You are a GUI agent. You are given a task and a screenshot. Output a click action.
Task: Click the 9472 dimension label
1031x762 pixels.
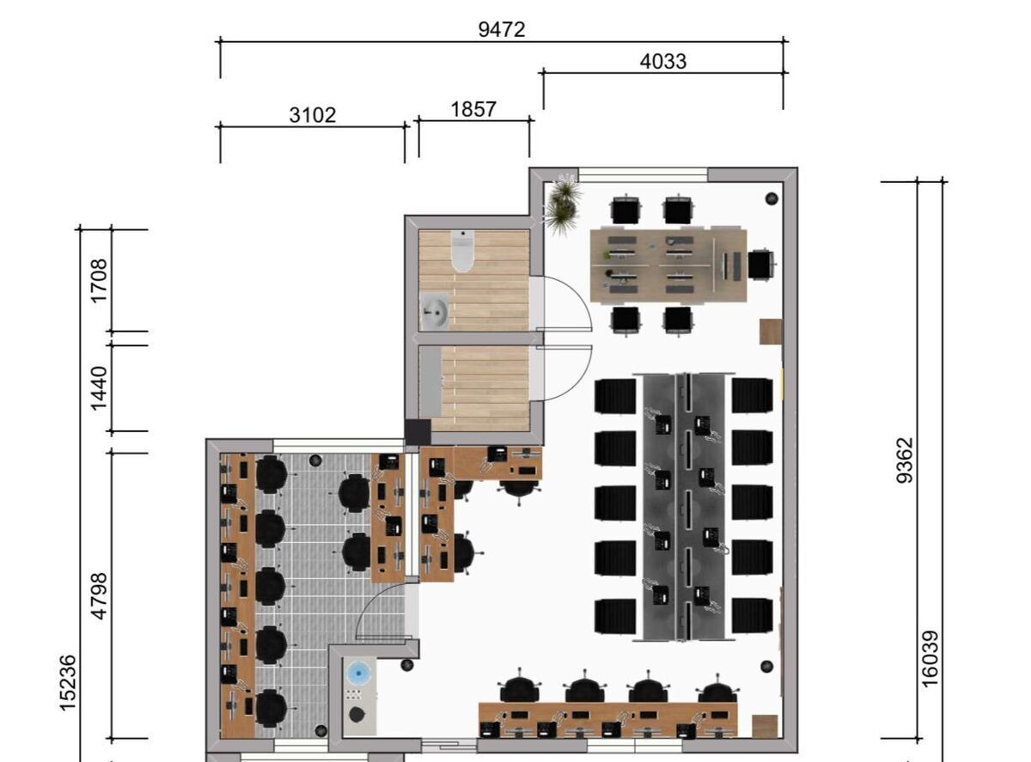coord(502,30)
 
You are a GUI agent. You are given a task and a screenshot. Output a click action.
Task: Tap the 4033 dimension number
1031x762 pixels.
coord(663,61)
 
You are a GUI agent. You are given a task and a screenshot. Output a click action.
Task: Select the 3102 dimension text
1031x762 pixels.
coord(313,115)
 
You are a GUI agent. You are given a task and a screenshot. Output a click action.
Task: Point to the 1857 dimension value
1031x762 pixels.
coord(473,110)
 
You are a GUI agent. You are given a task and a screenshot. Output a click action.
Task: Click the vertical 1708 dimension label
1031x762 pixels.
coord(99,281)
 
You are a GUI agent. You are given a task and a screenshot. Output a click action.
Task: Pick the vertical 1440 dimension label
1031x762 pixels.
coord(99,388)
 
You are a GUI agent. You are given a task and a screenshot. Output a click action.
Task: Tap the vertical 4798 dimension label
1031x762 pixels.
coord(99,596)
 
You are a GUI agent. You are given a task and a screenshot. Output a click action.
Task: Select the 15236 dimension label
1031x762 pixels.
coord(68,683)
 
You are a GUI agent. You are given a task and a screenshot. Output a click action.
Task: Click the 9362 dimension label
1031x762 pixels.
coord(905,460)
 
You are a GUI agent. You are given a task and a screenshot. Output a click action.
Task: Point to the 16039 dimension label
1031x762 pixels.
coord(930,659)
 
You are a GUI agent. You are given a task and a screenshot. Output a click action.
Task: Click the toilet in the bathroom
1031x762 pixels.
coord(462,251)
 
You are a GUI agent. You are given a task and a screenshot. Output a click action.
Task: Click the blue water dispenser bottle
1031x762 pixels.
coord(358,672)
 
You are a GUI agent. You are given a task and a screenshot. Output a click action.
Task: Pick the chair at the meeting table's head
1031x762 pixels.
coord(760,265)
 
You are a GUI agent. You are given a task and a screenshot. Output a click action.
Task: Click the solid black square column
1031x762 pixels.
coord(418,432)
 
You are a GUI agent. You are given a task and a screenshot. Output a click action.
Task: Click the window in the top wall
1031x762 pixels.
coord(643,174)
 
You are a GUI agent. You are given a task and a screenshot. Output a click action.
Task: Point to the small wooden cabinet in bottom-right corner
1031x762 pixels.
coord(765,726)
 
